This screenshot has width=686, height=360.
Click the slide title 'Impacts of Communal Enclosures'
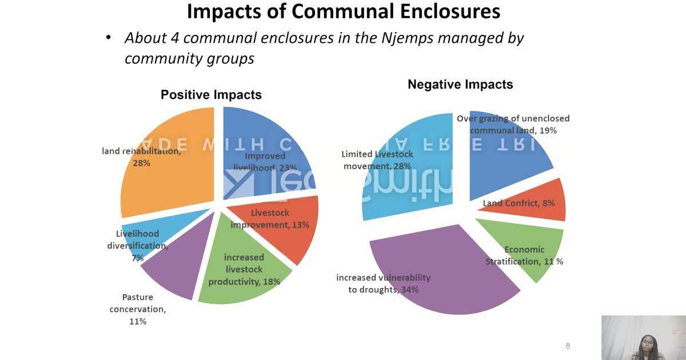point(343,11)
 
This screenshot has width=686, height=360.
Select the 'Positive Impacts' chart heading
point(211,95)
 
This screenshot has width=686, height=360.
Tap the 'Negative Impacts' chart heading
point(460,85)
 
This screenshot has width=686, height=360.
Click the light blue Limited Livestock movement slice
point(406,171)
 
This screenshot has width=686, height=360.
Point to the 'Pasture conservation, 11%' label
point(138,309)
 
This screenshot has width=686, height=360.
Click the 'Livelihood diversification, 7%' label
point(137,246)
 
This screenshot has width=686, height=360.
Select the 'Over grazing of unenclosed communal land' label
point(513,124)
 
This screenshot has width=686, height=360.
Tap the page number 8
point(568,346)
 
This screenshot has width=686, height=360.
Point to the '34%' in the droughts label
point(409,290)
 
